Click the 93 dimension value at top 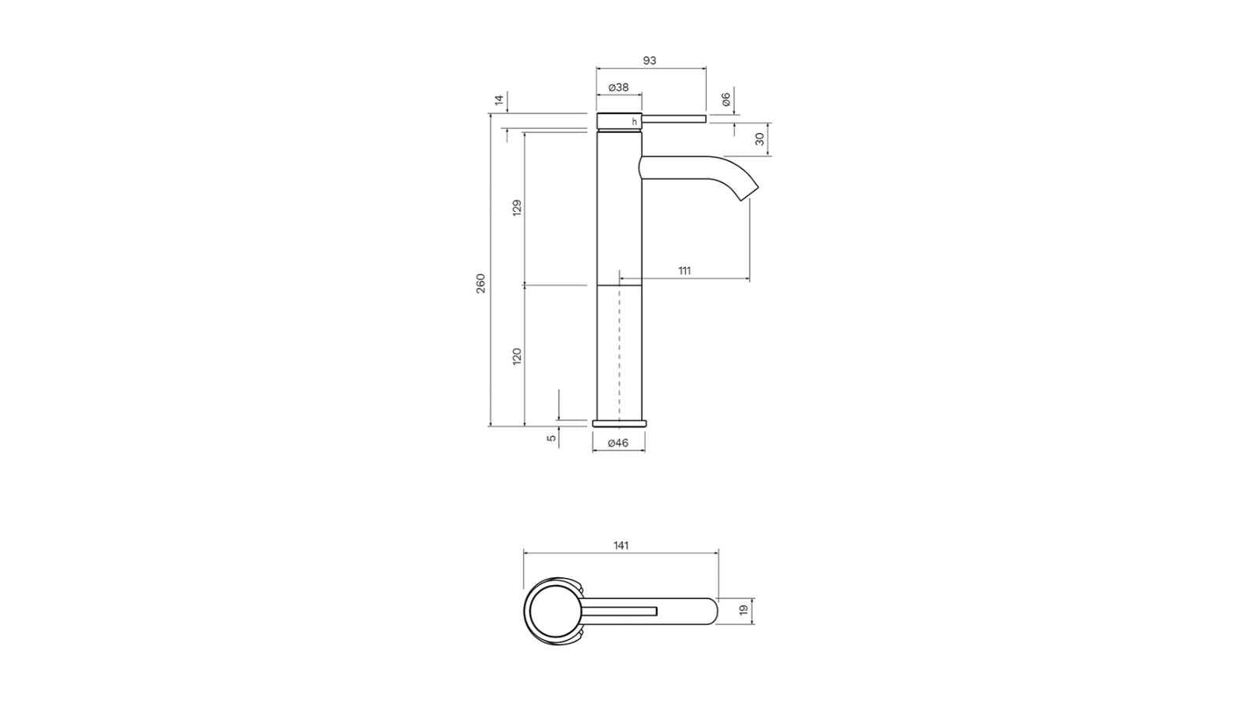(649, 60)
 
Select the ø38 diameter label (618, 87)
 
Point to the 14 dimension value (499, 99)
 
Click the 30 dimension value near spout (760, 138)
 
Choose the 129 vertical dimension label (517, 208)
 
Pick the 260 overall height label (481, 282)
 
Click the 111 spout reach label (684, 271)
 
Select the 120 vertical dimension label (517, 357)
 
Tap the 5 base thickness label (552, 438)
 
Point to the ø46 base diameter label (618, 443)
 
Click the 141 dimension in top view (621, 545)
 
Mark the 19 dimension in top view (744, 609)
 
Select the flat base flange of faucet (619, 423)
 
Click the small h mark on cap (635, 121)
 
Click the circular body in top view (554, 612)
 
